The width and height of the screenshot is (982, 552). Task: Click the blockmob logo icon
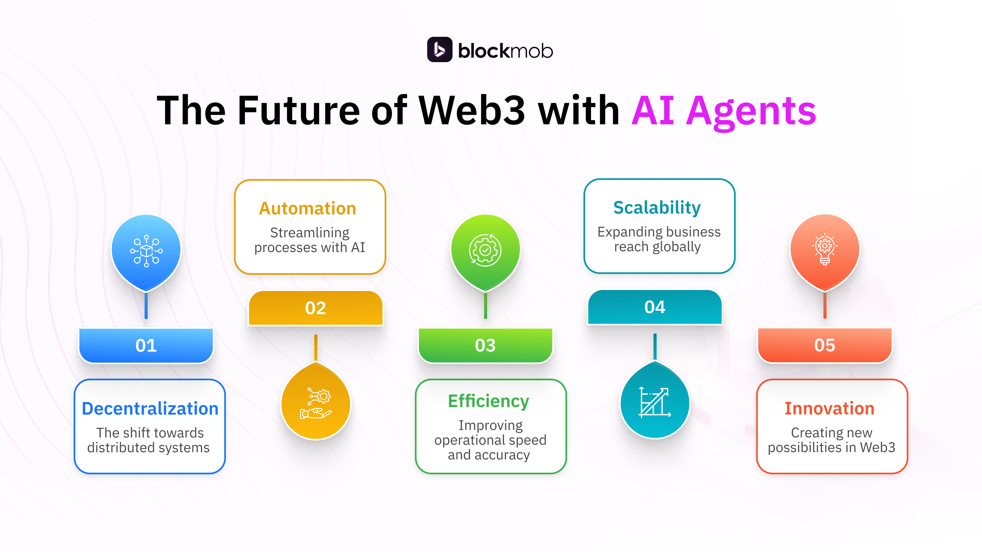pyautogui.click(x=439, y=50)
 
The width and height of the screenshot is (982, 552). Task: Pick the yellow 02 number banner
pyautogui.click(x=316, y=308)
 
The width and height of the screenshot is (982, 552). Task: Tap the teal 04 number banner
pyautogui.click(x=655, y=307)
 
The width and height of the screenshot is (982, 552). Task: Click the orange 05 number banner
pyautogui.click(x=825, y=345)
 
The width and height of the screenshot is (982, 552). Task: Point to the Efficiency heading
pyautogui.click(x=489, y=401)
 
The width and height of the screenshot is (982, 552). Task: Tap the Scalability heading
pyautogui.click(x=657, y=208)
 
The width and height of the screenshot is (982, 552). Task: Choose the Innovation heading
pyautogui.click(x=830, y=408)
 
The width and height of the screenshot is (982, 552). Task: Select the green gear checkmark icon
pyautogui.click(x=485, y=250)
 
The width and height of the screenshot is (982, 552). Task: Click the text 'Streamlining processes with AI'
pyautogui.click(x=310, y=240)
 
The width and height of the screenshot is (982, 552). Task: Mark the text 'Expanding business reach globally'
pyautogui.click(x=658, y=239)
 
